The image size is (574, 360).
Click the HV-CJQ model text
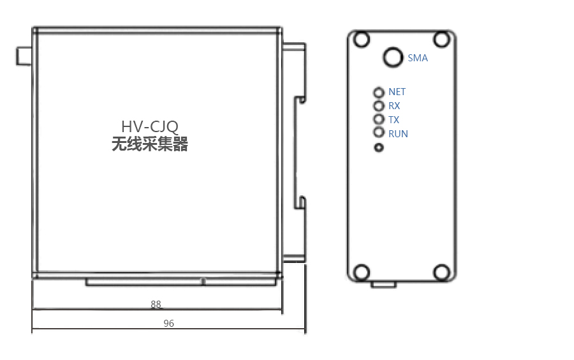click(x=150, y=127)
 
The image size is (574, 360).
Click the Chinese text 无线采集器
click(x=150, y=144)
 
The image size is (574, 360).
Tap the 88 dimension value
click(x=156, y=304)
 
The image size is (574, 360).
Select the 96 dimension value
click(x=169, y=324)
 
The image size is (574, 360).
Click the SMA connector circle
click(x=393, y=48)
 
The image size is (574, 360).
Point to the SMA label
click(x=418, y=58)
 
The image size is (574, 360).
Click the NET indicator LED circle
click(x=378, y=87)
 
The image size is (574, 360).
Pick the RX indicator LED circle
click(x=378, y=101)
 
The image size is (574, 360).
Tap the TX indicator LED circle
click(x=378, y=114)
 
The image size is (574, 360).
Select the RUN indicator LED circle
click(x=378, y=127)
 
